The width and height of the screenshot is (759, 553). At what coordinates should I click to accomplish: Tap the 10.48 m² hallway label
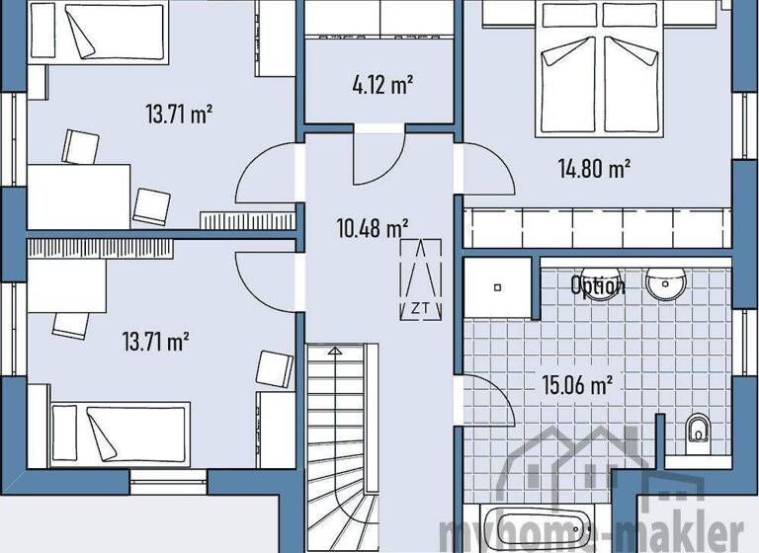tap(373, 229)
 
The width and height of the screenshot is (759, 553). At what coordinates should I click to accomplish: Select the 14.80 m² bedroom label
tap(593, 169)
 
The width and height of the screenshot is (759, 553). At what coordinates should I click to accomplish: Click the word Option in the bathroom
tap(597, 286)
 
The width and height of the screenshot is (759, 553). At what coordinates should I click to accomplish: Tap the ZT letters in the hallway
tap(420, 307)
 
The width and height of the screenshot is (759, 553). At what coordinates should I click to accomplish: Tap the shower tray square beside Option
tap(499, 287)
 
